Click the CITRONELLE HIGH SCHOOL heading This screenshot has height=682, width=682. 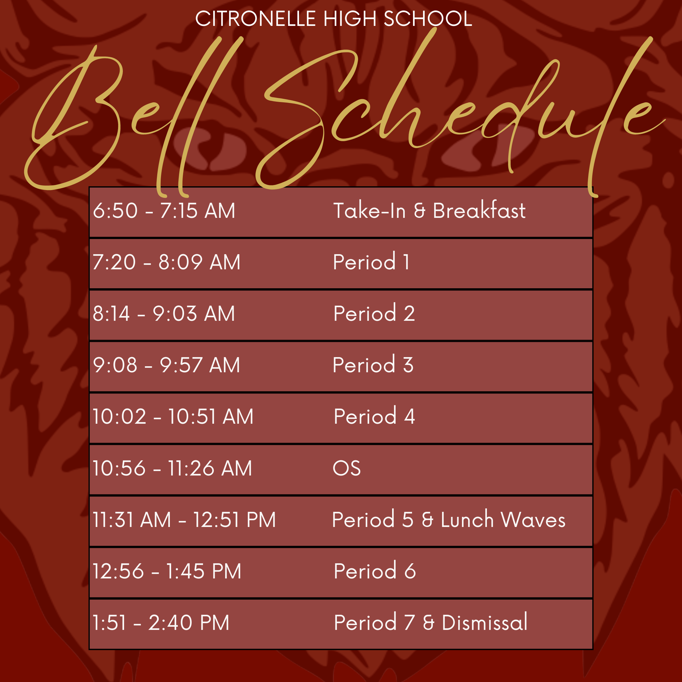(x=334, y=18)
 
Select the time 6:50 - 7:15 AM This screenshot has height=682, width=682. (x=164, y=211)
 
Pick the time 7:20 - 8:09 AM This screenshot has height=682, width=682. (x=166, y=262)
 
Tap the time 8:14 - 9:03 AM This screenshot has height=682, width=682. (x=164, y=314)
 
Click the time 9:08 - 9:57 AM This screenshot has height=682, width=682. (x=166, y=365)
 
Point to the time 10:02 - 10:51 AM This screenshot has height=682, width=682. (x=173, y=416)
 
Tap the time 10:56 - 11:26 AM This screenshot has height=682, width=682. (x=172, y=468)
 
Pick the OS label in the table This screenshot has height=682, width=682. (x=347, y=468)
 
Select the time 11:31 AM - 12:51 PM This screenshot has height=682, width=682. (x=184, y=520)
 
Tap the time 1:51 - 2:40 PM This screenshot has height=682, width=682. (x=161, y=622)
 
